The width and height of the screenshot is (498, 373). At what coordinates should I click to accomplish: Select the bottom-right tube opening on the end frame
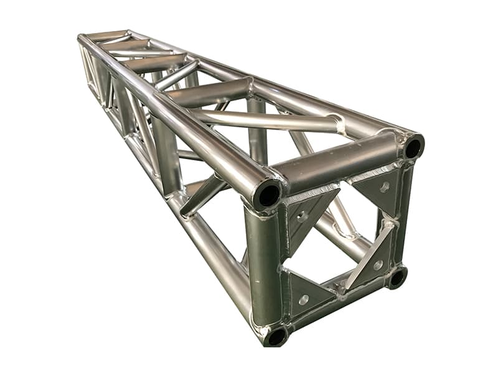tap(396, 277)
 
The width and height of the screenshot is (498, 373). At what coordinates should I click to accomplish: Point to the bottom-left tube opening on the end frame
tap(275, 336)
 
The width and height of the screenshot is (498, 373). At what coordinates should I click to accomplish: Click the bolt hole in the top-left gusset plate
tap(303, 218)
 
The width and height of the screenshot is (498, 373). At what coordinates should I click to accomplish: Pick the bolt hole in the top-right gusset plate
tap(384, 186)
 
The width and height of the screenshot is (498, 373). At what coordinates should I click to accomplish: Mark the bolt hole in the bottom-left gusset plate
tap(303, 300)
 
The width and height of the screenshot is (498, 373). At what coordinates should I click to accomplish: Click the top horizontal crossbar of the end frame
tap(339, 163)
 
